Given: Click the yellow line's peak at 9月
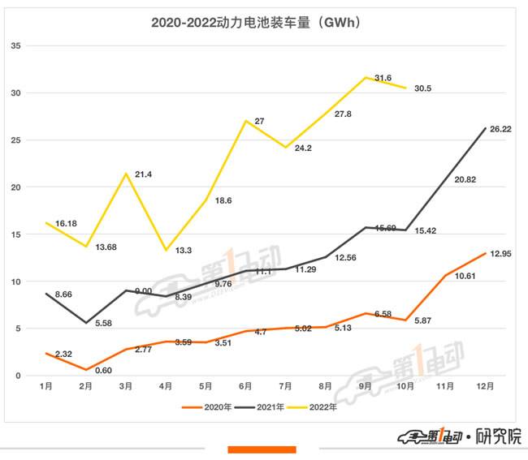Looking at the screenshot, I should (x=366, y=78).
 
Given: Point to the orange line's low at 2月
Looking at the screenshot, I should (x=86, y=370).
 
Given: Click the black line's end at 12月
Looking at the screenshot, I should (x=486, y=128).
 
